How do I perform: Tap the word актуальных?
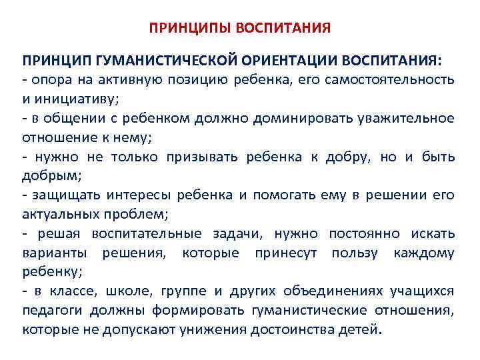tap(59, 215)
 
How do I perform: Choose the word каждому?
tap(424, 253)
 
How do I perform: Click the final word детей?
tap(361, 330)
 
